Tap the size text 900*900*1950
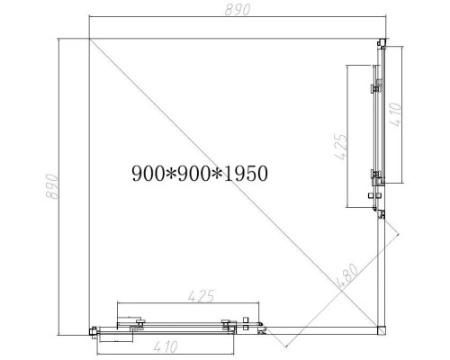tap(200, 172)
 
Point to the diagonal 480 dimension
tap(346, 276)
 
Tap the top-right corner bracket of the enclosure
tap(382, 43)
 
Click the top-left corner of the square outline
tap(89, 39)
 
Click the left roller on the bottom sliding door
tap(139, 321)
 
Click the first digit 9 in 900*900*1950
tap(136, 172)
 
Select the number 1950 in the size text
tap(248, 172)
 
